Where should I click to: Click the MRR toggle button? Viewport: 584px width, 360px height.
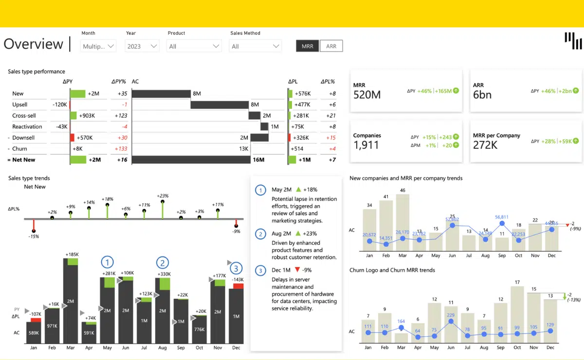tap(308, 46)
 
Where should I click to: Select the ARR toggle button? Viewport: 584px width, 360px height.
tap(331, 46)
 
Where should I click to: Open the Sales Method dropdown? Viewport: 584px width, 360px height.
tap(255, 46)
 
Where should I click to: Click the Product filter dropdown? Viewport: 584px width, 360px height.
tap(194, 46)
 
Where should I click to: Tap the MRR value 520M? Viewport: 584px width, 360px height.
tap(367, 94)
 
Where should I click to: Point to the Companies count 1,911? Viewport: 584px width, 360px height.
tap(365, 145)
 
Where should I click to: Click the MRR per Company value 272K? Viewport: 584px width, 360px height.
tap(485, 145)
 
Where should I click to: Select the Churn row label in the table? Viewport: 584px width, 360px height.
tap(20, 149)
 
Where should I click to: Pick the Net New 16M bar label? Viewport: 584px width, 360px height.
tap(258, 160)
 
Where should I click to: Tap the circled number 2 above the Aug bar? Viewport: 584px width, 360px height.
tap(162, 263)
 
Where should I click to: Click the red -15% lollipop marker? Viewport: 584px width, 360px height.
tap(34, 230)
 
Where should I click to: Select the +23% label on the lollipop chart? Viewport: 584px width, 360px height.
tap(163, 196)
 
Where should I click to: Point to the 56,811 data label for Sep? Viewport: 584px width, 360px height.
tap(502, 217)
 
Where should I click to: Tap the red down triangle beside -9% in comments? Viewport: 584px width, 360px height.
tap(297, 270)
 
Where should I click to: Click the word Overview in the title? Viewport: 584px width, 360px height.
tap(34, 44)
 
